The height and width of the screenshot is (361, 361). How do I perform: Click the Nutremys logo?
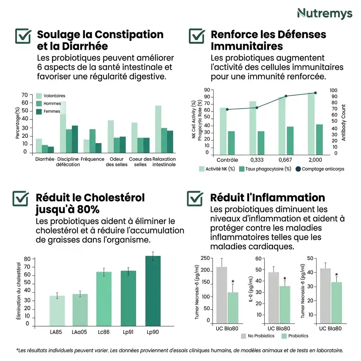[x=324, y=13]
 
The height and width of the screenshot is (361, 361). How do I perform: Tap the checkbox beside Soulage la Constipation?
[x=24, y=36]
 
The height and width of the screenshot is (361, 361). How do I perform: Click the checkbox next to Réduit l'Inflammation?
[x=195, y=199]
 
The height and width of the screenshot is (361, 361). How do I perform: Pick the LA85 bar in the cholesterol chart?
[x=57, y=310]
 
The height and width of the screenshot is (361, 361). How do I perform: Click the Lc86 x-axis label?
[x=104, y=332]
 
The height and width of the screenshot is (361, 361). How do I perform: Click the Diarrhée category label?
[x=45, y=159]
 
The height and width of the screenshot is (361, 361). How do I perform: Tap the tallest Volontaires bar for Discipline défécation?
[x=62, y=127]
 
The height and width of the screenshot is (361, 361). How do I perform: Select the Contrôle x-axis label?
[x=227, y=160]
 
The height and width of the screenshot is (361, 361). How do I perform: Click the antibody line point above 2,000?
[x=315, y=93]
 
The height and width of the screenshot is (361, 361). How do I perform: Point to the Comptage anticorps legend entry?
[x=319, y=169]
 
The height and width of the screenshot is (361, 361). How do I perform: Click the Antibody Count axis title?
[x=344, y=122]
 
